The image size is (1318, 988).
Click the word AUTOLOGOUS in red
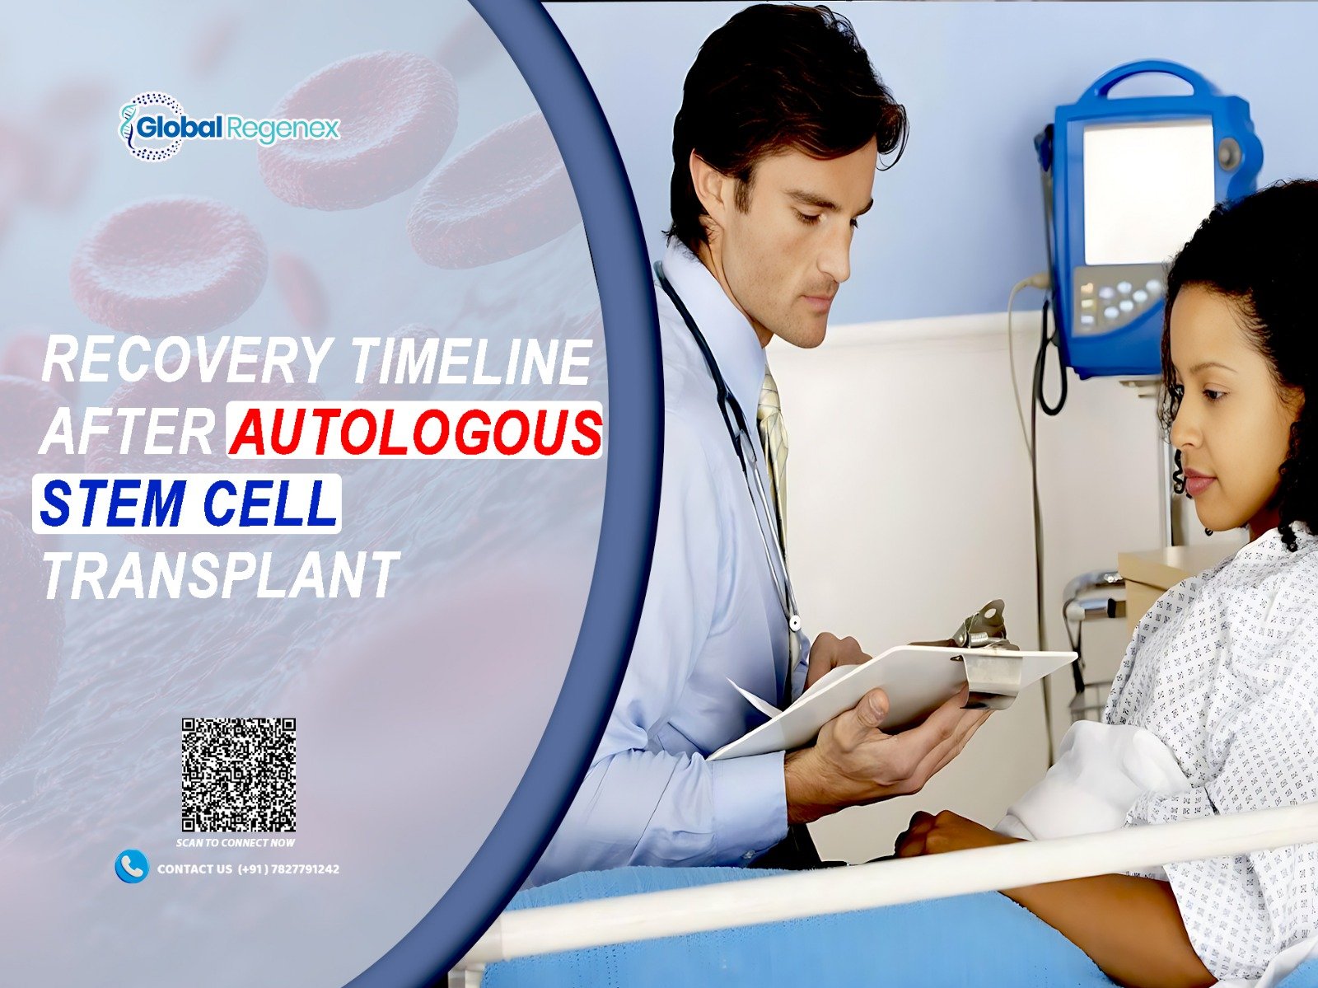[x=415, y=430]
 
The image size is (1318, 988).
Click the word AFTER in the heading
[x=128, y=431]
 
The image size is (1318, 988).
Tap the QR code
[x=239, y=775]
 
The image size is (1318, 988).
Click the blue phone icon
[x=132, y=868]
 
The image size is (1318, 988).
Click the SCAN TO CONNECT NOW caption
[x=236, y=843]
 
